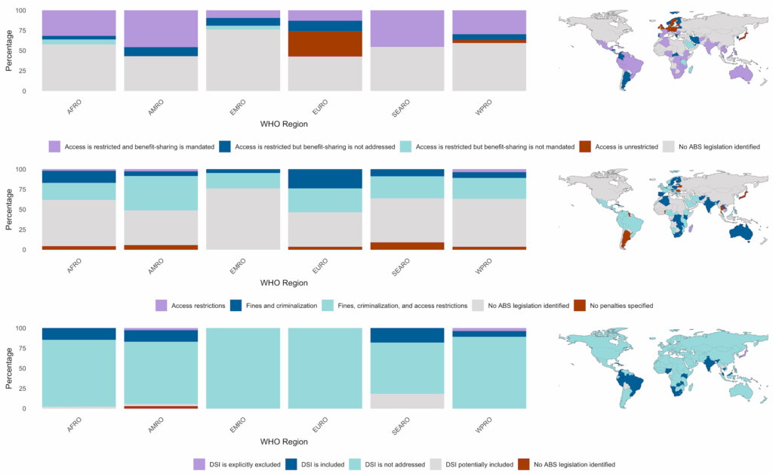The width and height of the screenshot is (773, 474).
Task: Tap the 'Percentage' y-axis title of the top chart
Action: (x=9, y=51)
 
